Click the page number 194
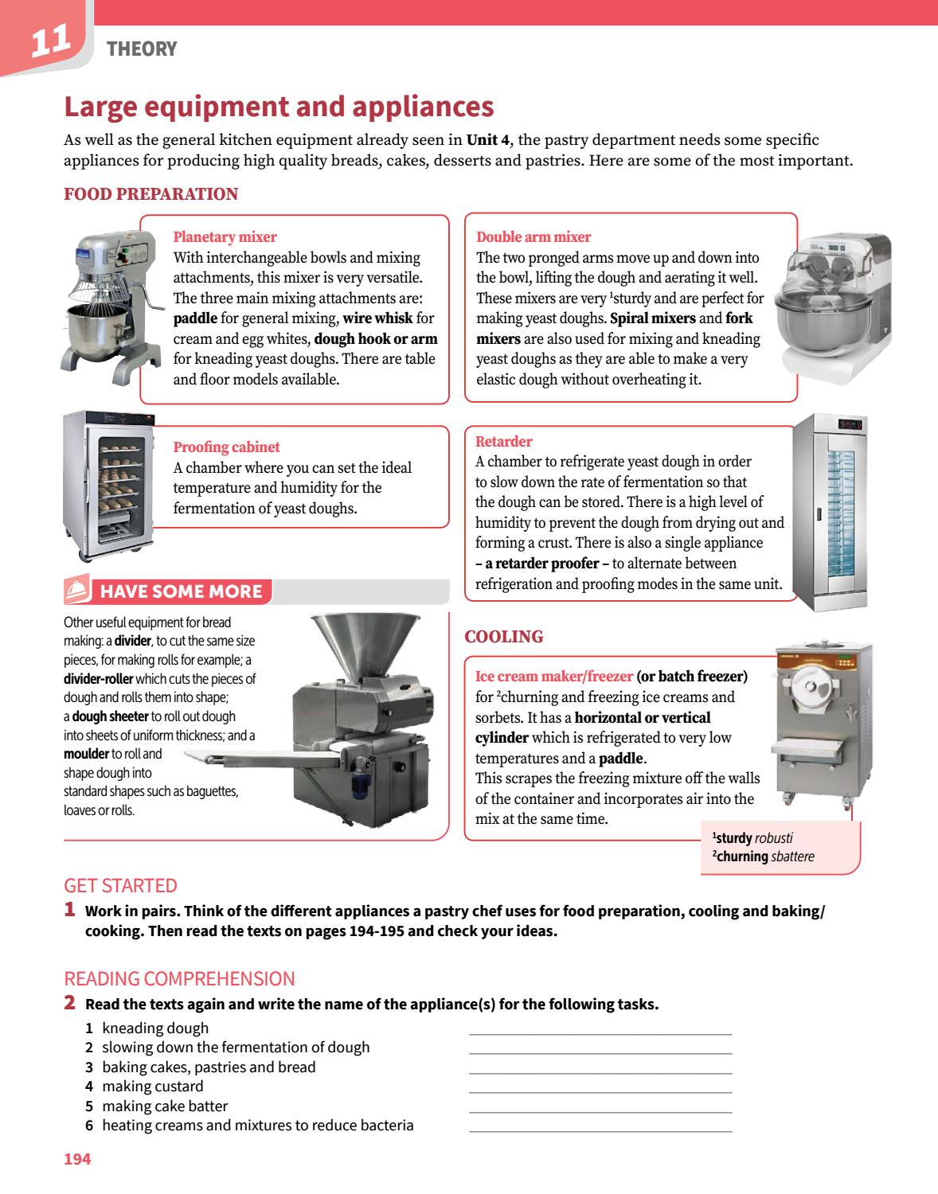pyautogui.click(x=77, y=1159)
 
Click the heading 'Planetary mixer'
pyautogui.click(x=225, y=236)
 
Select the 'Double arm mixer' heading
pyautogui.click(x=533, y=236)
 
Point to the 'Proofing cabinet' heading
pyautogui.click(x=226, y=447)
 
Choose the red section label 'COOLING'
pyautogui.click(x=503, y=637)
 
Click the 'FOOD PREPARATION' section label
pyautogui.click(x=150, y=194)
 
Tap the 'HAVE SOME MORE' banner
pyautogui.click(x=181, y=591)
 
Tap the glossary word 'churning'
pyautogui.click(x=742, y=856)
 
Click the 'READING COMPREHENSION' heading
pyautogui.click(x=179, y=978)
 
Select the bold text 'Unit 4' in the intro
pyautogui.click(x=487, y=140)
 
